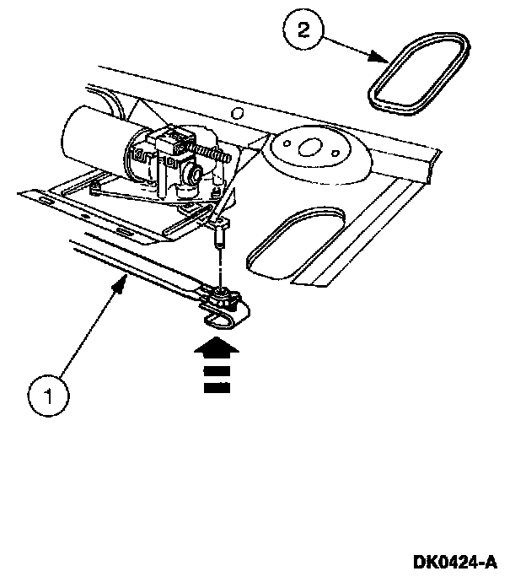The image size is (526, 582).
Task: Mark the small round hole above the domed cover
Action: [239, 113]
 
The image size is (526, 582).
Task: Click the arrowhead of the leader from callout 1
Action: [124, 288]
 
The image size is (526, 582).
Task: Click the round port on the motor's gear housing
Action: [195, 176]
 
